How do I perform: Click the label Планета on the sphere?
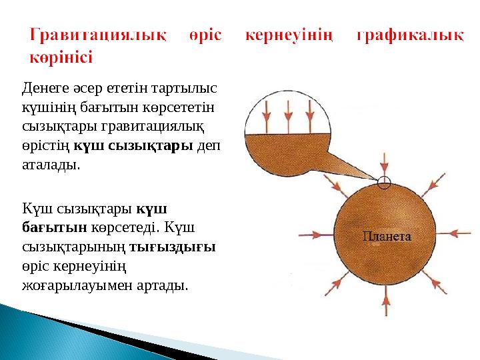(387, 236)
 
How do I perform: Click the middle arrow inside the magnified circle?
(287, 113)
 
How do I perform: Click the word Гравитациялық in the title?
(98, 35)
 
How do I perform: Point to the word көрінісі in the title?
(61, 56)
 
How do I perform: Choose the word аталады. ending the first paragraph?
(51, 165)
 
